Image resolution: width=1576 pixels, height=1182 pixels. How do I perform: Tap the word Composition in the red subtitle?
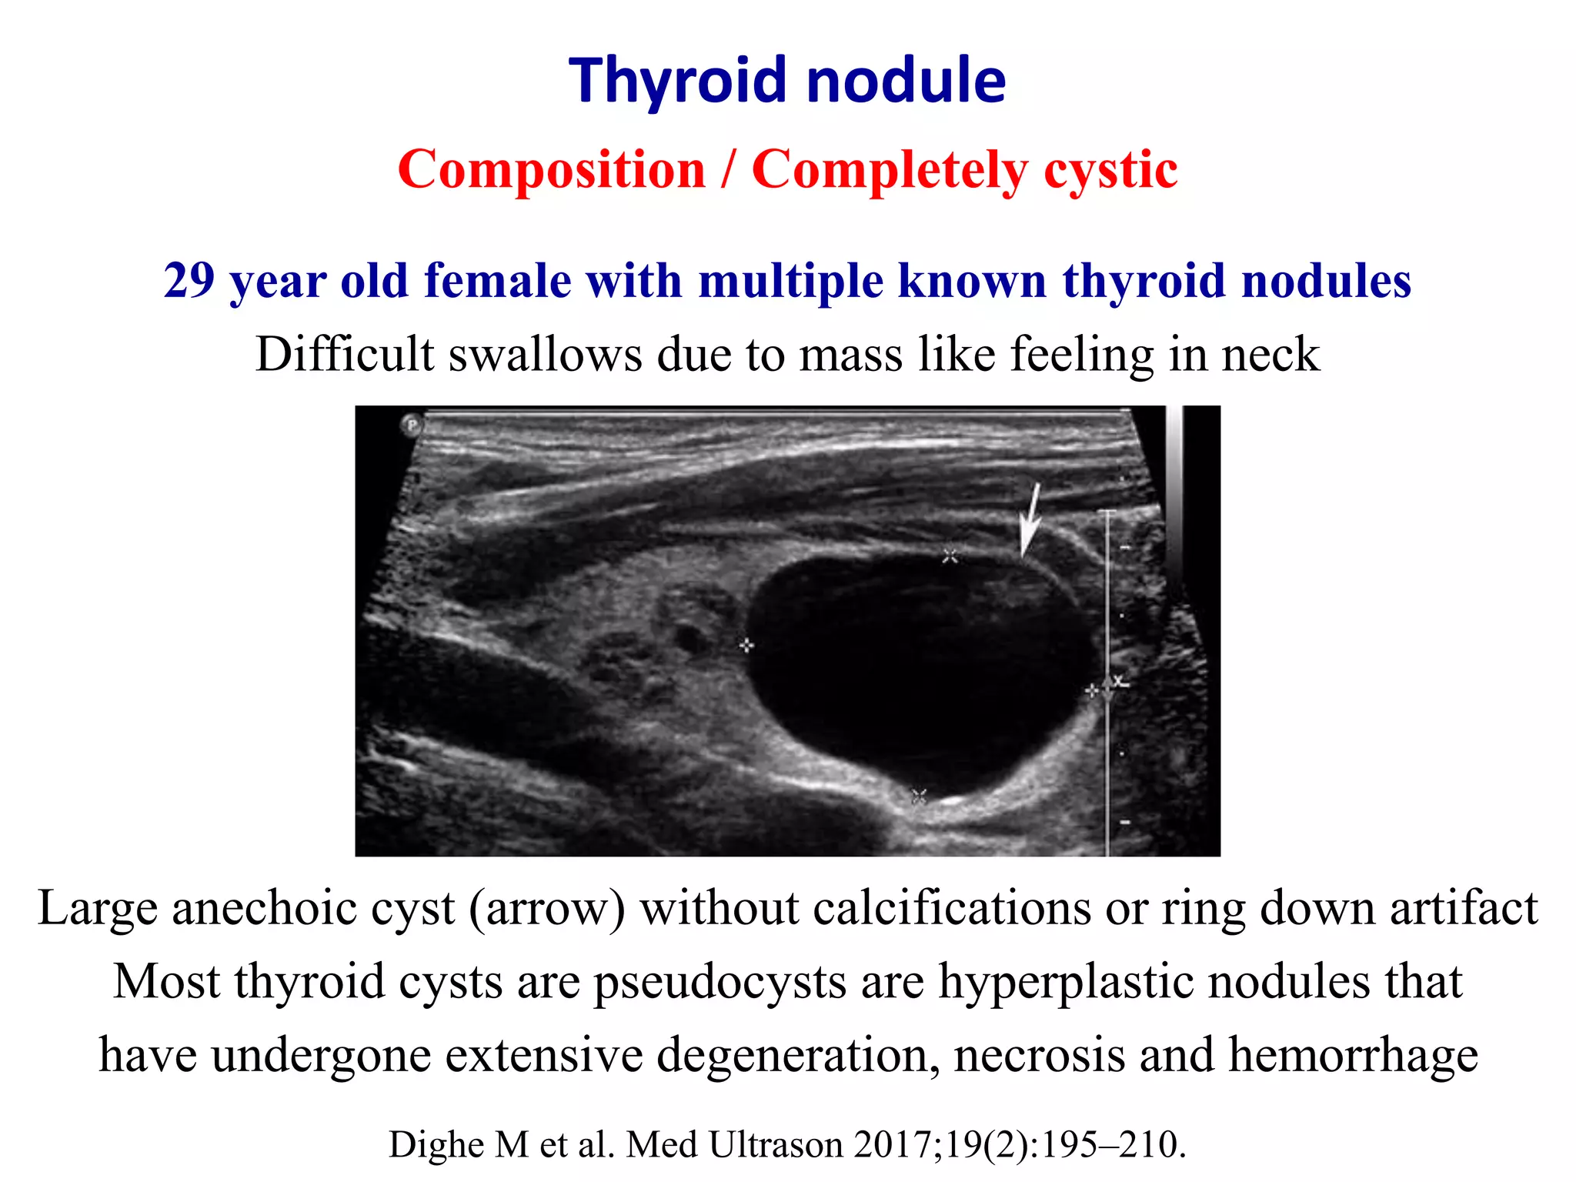(x=551, y=169)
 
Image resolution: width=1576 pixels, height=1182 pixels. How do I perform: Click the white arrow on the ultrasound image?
(x=1030, y=518)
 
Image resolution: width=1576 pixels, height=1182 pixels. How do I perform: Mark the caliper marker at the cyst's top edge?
(x=950, y=555)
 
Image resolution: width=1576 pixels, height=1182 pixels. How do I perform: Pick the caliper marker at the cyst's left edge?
(x=746, y=645)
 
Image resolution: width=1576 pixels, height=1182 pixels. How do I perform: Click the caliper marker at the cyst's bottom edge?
(x=919, y=796)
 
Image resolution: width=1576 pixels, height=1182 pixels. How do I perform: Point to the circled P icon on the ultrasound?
(x=412, y=424)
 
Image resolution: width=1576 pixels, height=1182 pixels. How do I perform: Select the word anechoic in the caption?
(x=313, y=908)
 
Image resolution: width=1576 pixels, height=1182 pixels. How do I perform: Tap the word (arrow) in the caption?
(x=547, y=908)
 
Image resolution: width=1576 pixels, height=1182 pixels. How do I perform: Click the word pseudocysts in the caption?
(x=720, y=983)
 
